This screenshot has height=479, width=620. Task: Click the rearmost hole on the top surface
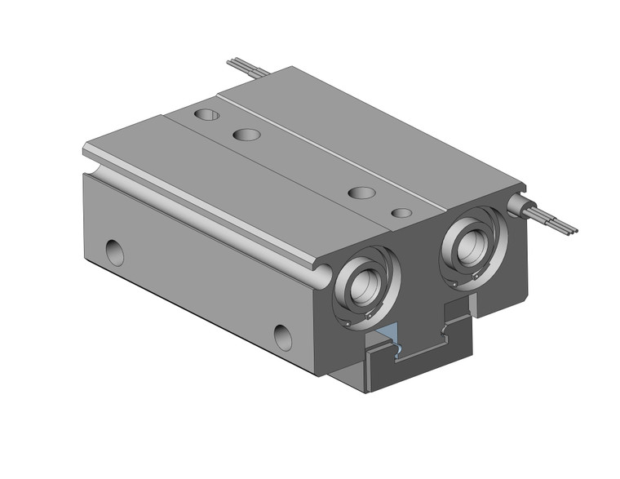[x=206, y=113]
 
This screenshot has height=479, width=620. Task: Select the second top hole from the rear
[x=246, y=134]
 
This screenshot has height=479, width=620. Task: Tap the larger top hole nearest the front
[x=361, y=193]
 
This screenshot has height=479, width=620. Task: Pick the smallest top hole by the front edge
[x=401, y=213]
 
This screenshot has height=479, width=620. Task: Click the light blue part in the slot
[x=390, y=335]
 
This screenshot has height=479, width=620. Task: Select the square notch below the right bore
[x=456, y=308]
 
